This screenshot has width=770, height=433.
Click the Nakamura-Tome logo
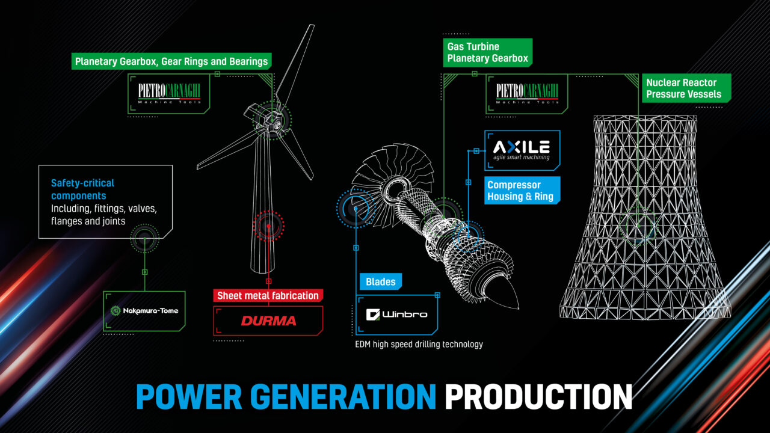[x=144, y=311]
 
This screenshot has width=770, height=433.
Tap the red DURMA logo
[x=268, y=321]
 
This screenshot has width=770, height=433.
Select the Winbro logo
[x=396, y=315]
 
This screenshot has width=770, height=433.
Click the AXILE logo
[x=522, y=150]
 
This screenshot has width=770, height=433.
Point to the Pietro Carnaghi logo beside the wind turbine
[x=169, y=93]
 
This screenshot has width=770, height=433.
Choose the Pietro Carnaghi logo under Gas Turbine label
[x=527, y=93]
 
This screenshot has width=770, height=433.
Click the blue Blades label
[x=381, y=282]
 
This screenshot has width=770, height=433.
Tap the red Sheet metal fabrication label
[x=268, y=295]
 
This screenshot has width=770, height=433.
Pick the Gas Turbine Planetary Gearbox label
[x=488, y=52]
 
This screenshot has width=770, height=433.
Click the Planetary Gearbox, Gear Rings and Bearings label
[x=171, y=61]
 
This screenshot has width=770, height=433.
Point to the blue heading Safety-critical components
[x=82, y=189]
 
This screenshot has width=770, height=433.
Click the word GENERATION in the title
[x=343, y=396]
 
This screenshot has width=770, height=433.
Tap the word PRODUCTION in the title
[x=538, y=396]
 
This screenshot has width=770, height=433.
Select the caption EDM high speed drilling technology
[x=419, y=345]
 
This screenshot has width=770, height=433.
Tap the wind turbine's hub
[x=273, y=120]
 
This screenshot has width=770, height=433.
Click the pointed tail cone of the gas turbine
[x=508, y=296]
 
